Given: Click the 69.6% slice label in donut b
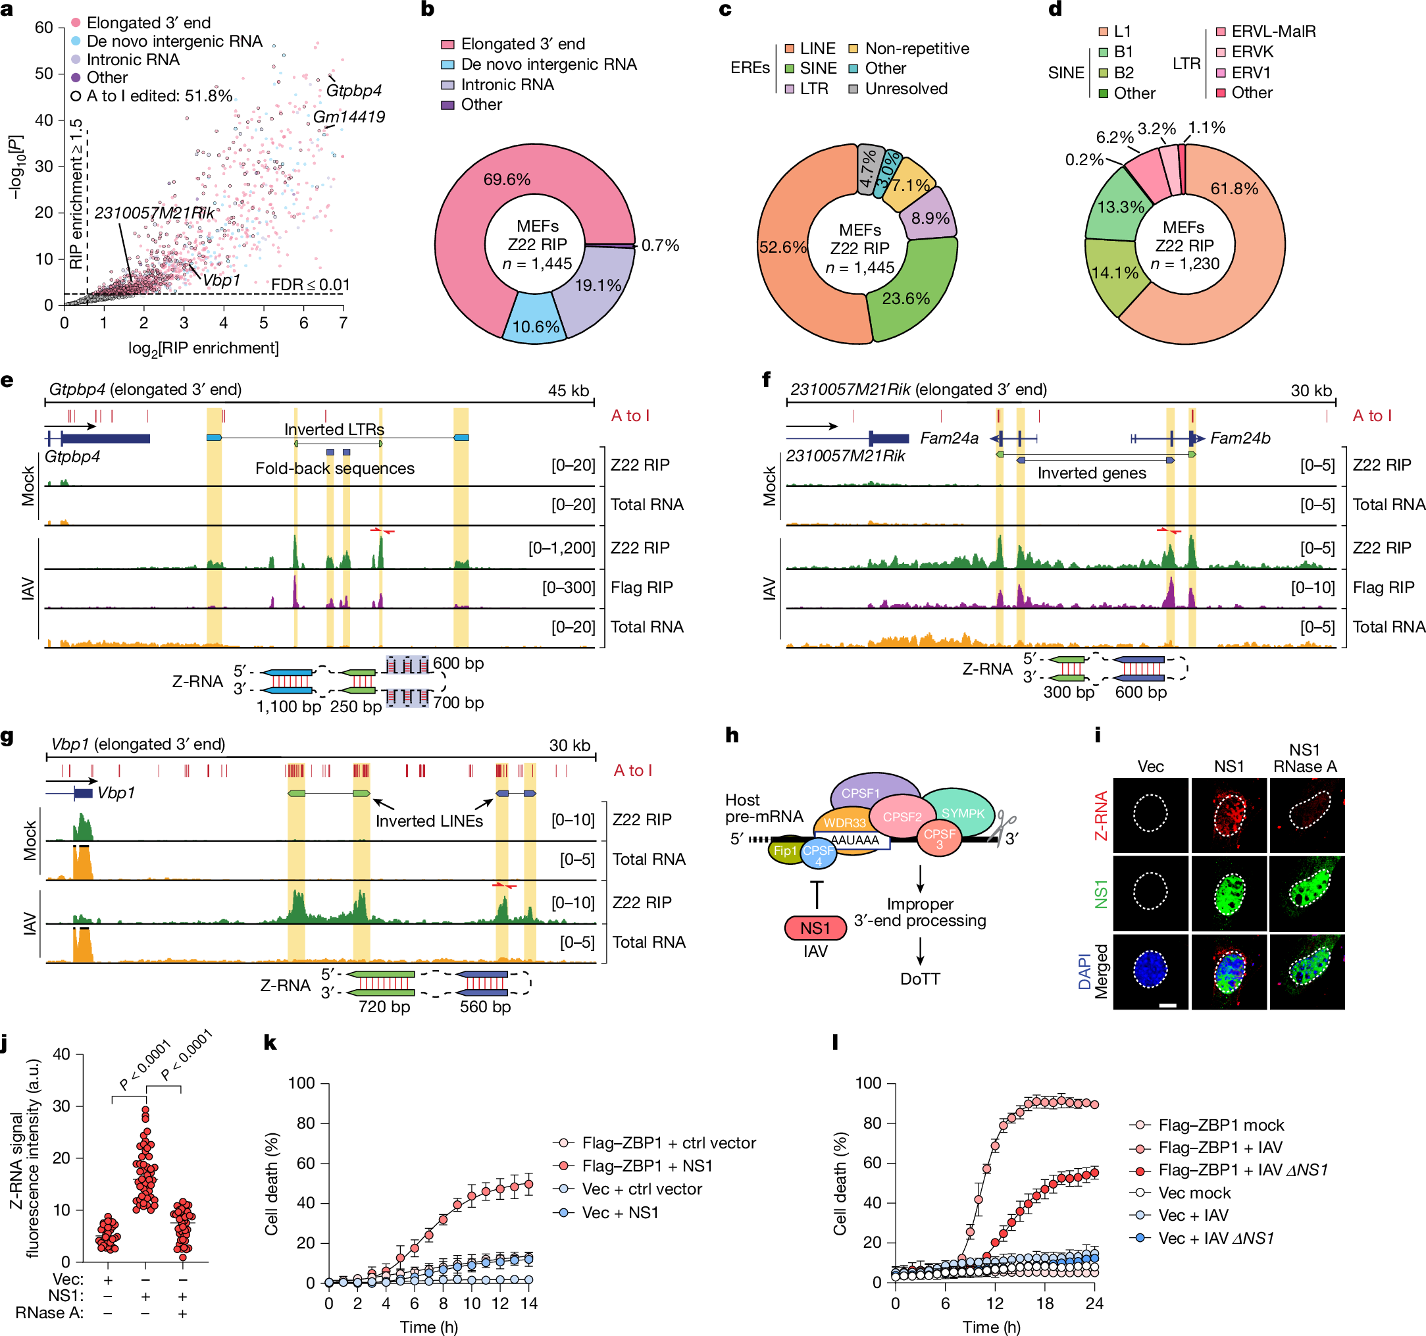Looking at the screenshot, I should pos(507,180).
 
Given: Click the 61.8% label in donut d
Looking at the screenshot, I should pos(1234,189).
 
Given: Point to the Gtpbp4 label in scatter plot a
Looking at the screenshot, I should pos(353,91).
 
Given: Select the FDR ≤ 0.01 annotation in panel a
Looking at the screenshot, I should pos(310,285).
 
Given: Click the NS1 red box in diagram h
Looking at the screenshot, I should pos(815,928).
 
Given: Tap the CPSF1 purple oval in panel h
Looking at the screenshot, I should pos(861,793).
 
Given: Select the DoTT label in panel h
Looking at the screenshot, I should pos(919,979).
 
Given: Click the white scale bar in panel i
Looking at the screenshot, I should pos(1167,1005).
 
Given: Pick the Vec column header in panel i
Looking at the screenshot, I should pos(1150,766).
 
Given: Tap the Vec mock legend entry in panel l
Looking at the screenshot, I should pos(1194,1193).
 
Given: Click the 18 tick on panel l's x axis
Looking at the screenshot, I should pos(1044,1303).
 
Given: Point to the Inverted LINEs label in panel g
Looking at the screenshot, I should pos(429,821).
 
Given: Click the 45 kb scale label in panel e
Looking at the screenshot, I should pos(568,390).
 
